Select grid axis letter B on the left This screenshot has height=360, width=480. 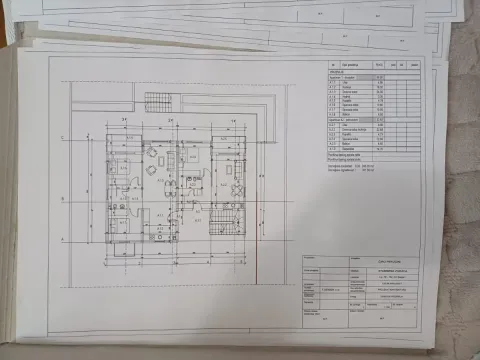click(62, 200)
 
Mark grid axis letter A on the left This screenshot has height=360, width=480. click(62, 239)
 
